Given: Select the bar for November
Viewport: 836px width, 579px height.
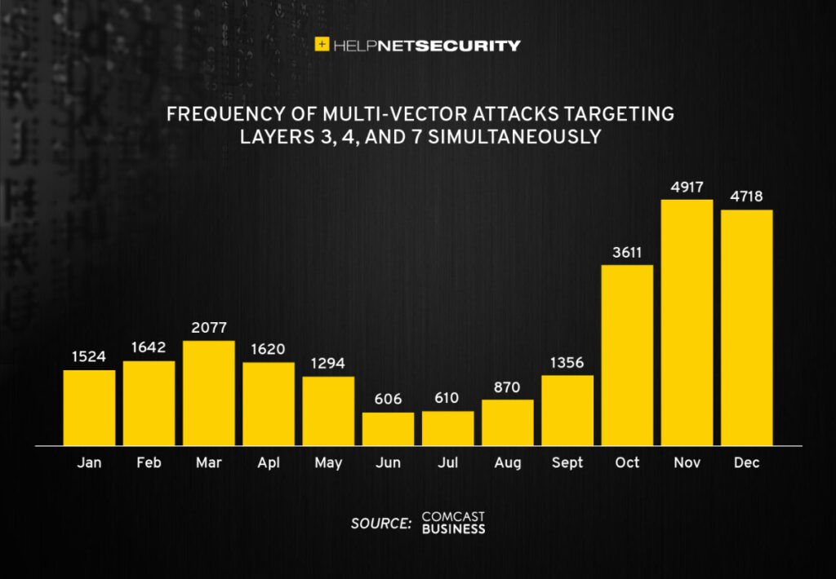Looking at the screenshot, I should pos(687,322).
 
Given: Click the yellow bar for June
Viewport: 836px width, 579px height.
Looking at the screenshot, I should pos(388,429).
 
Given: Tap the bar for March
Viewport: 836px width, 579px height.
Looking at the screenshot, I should pos(208,393).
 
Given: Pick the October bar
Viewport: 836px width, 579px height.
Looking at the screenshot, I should pos(627,355).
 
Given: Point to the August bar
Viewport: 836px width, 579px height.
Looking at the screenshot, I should pos(507,422).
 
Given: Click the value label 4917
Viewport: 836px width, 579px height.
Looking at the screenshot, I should pos(687,187).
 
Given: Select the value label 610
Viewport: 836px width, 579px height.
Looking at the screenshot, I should pos(447,399).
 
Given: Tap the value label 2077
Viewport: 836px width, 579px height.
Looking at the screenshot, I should pos(208,329).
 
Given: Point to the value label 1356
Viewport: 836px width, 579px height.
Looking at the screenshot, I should pos(567,363).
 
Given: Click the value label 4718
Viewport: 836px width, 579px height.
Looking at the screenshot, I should pos(746,197).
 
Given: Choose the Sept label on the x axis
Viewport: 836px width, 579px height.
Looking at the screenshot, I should pos(567,462).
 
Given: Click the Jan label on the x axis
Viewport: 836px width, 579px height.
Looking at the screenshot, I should pos(89,462).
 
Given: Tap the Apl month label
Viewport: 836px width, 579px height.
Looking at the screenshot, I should pos(268,462).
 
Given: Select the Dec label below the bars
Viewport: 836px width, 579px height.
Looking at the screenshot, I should pos(746,462).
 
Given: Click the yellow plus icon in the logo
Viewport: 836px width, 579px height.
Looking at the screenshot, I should pos(322,45).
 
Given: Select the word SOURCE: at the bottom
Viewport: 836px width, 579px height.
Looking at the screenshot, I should pos(380,524).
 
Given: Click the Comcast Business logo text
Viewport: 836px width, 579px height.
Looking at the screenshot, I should pos(453,524).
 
